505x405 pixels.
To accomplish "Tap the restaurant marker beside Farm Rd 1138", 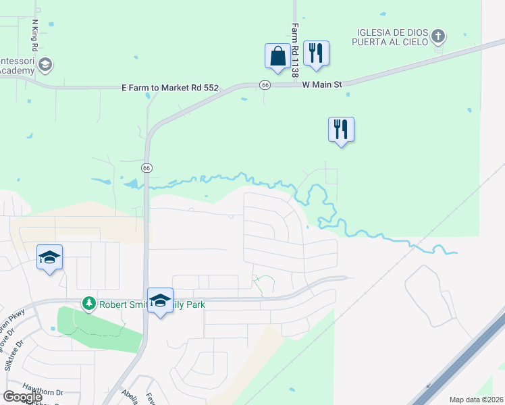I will click(x=316, y=53).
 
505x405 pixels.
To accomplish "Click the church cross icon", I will click(x=438, y=36).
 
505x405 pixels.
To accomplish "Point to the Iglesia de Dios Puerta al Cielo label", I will click(x=390, y=36).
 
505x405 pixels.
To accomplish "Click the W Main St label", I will click(x=322, y=84).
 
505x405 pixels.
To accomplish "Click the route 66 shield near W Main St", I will click(x=265, y=84).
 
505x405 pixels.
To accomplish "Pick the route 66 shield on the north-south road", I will click(x=146, y=167).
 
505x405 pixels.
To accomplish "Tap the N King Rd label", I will click(x=34, y=36).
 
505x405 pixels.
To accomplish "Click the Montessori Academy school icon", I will click(x=46, y=65).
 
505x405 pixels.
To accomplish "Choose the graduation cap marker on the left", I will click(x=49, y=256).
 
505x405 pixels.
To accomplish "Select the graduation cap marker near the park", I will click(x=160, y=300).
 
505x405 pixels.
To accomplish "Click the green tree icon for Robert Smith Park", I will click(x=88, y=304).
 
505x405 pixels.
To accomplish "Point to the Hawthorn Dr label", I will click(x=42, y=392).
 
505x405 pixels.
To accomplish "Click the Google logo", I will click(x=22, y=397).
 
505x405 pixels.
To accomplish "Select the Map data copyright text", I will click(x=477, y=400).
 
